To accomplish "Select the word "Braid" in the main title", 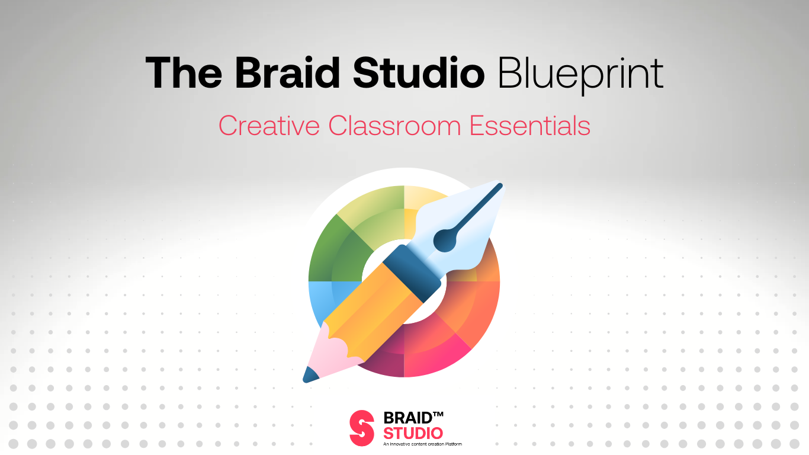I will pos(287,73).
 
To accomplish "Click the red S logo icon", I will pos(362,428).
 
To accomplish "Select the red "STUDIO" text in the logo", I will pos(413,434).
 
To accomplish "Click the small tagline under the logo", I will pos(422,444).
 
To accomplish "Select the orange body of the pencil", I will pos(373,308).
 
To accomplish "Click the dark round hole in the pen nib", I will pos(443,240).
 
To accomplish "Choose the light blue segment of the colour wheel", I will pos(320,296).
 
